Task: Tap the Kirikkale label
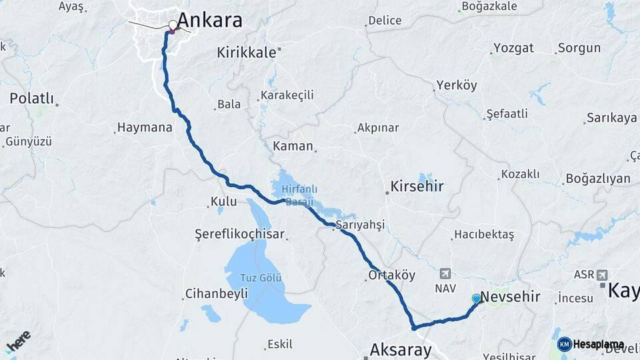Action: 245,53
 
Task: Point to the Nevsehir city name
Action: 510,297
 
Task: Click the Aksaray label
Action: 401,349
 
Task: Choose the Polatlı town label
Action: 31,99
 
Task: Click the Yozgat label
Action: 514,49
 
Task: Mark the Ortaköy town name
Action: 392,275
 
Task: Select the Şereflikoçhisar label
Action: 239,235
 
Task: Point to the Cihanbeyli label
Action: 217,293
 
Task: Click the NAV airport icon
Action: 445,274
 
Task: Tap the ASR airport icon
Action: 603,275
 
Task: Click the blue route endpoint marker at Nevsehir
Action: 476,298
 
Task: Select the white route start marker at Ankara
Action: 173,25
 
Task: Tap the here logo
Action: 18,339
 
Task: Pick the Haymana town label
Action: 145,127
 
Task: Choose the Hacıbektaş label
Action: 483,235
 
